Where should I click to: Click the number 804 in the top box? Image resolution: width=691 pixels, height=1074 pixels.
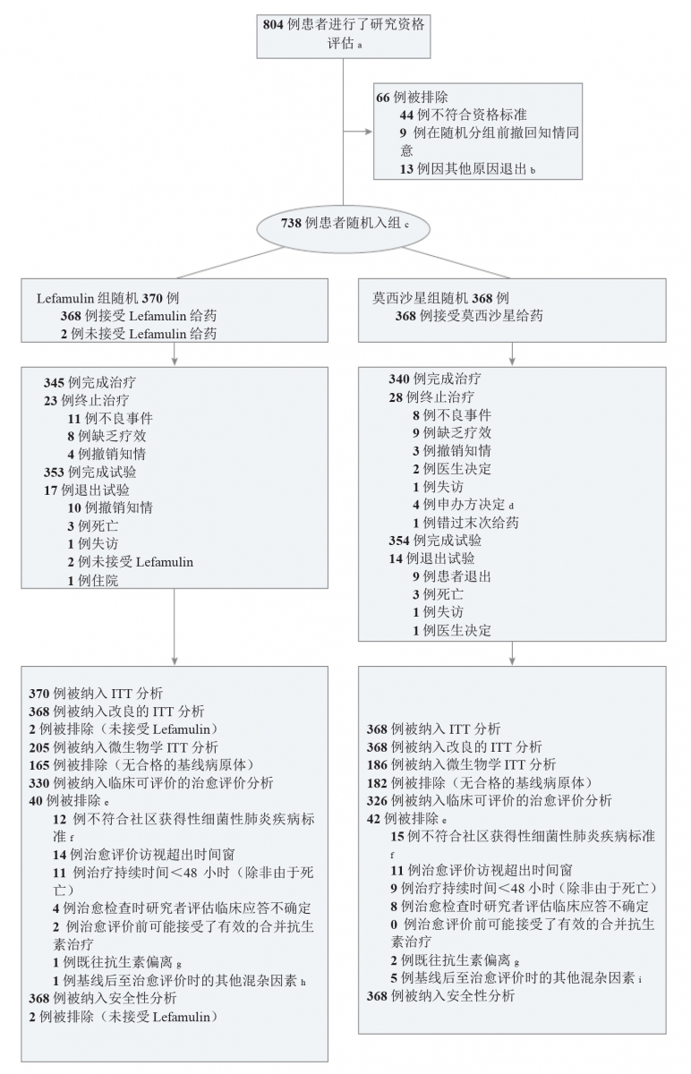pos(273,24)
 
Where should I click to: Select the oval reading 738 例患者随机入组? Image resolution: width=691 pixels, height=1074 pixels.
pos(344,228)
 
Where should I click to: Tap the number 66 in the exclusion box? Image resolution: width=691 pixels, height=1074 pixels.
pos(383,98)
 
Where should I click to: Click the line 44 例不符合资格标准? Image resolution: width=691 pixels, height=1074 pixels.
pos(464,115)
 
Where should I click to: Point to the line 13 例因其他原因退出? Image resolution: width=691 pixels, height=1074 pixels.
pos(467,169)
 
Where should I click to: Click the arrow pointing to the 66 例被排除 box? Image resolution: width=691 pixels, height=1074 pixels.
pos(358,132)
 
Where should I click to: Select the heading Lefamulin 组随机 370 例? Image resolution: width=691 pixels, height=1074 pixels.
pos(108,298)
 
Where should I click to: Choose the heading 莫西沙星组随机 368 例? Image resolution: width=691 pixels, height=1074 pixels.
pos(440,298)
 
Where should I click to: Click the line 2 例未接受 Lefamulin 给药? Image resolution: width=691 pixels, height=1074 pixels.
pos(139,334)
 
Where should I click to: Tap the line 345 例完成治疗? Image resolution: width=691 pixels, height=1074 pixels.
pos(90,382)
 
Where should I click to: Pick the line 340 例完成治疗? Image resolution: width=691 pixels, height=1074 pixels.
pos(435,379)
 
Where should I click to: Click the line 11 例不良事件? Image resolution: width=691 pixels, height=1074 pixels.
pos(110,418)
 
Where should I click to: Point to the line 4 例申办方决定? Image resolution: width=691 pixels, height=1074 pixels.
pos(464,505)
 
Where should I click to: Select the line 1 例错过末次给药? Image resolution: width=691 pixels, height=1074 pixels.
pos(465,523)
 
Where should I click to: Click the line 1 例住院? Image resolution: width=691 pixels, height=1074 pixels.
pos(92,580)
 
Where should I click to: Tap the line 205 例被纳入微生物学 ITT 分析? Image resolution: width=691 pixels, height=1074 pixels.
pos(124,747)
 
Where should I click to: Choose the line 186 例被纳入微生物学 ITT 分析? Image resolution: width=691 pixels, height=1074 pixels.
pos(461,764)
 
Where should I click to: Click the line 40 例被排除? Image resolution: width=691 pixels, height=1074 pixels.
pos(69,801)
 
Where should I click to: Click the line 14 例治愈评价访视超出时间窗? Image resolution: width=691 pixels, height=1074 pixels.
pos(144,854)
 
